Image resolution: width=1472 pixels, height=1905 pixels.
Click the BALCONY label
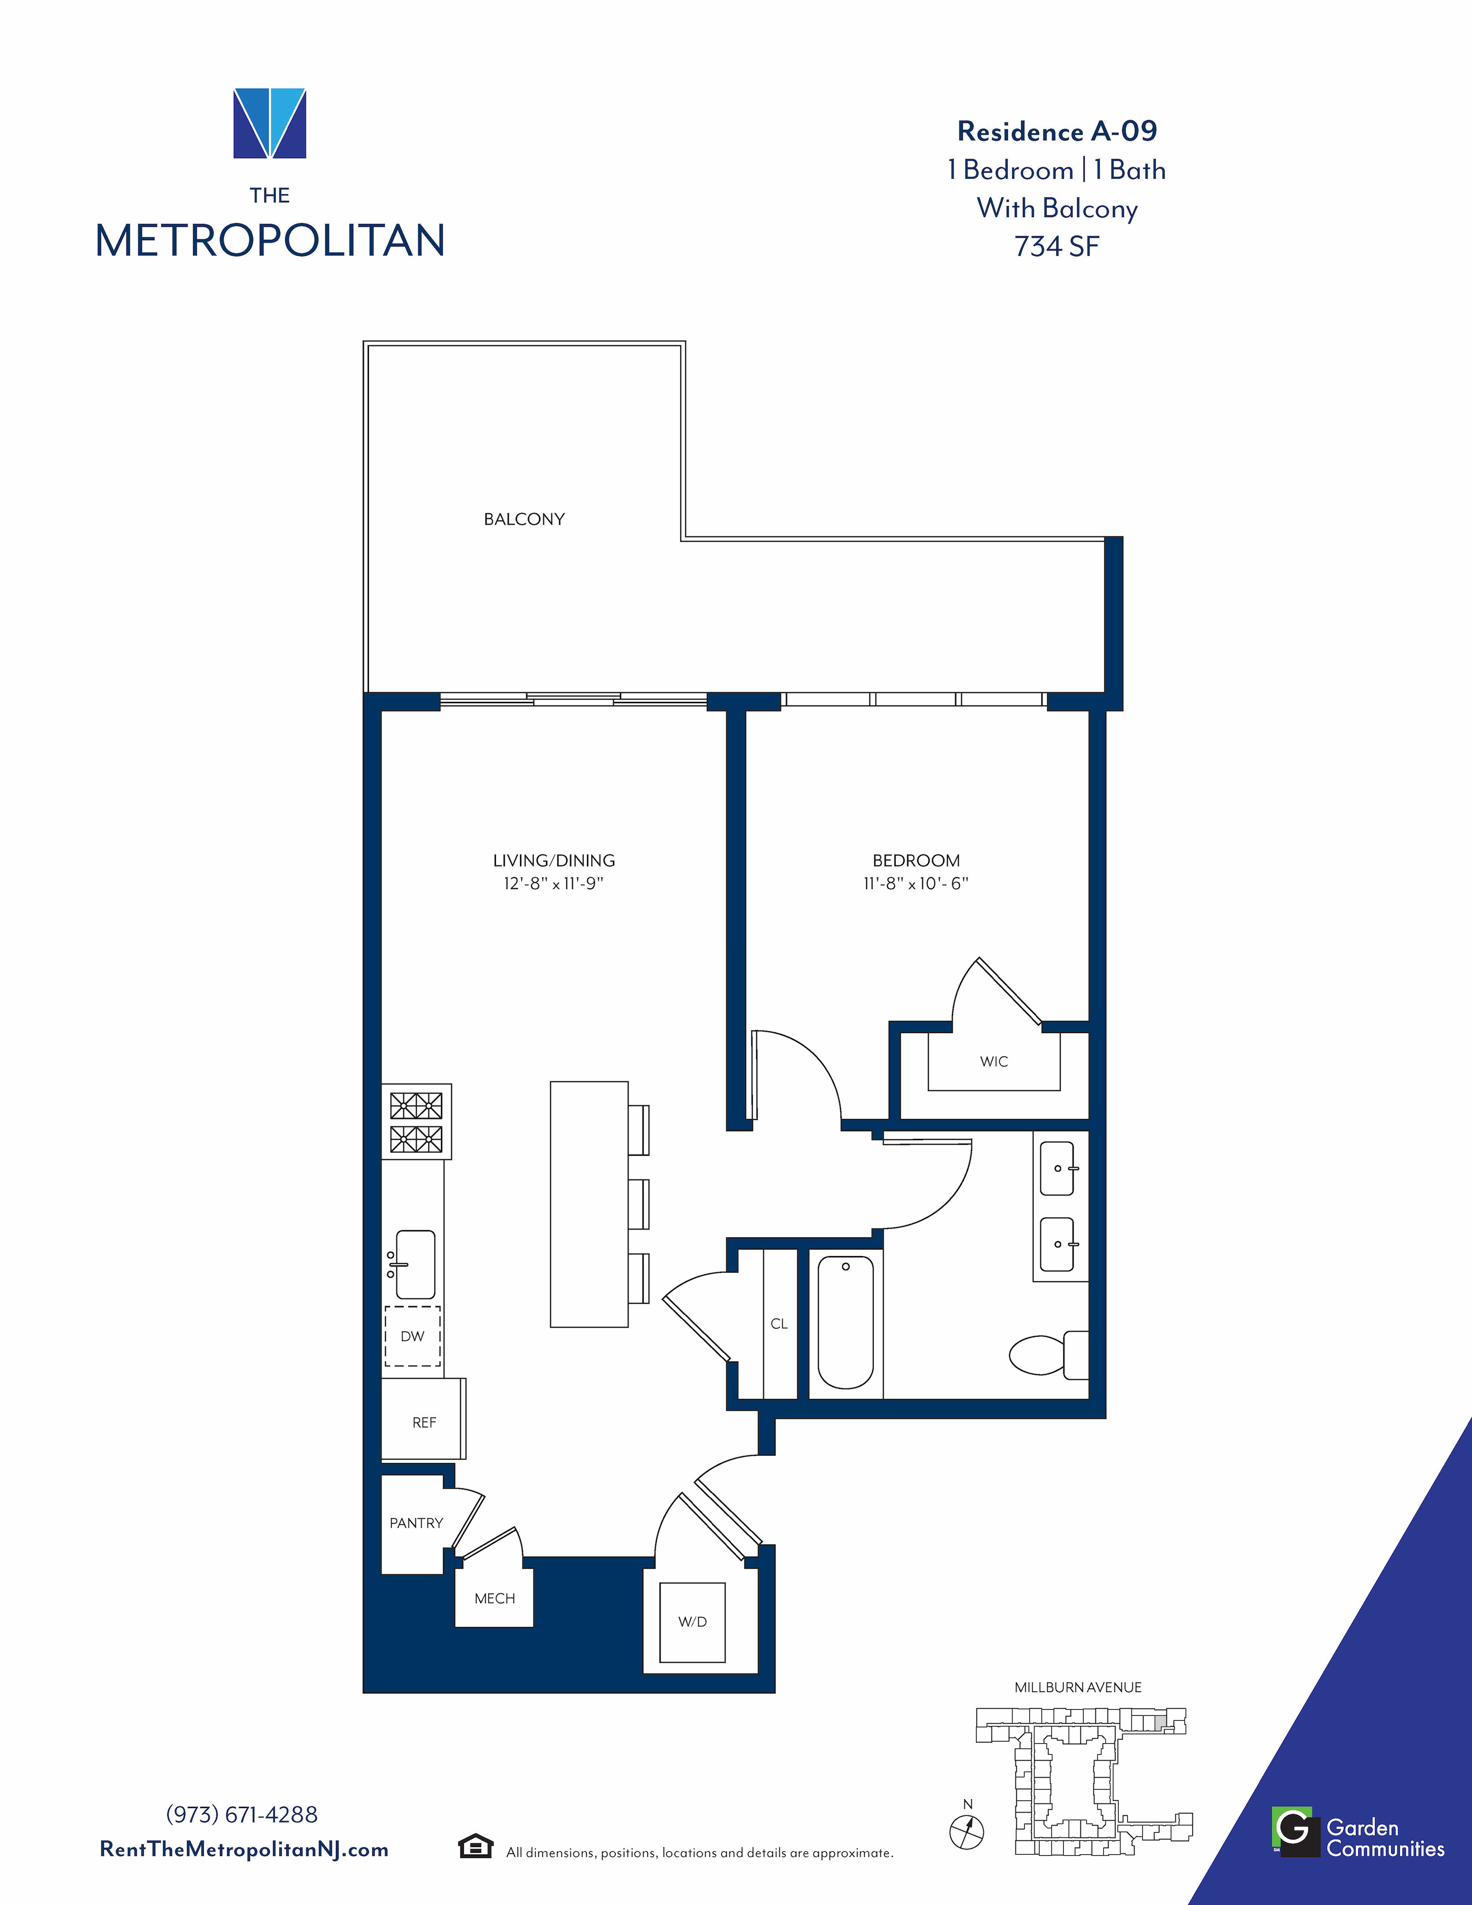pyautogui.click(x=524, y=519)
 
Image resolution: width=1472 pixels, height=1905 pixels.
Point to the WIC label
pyautogui.click(x=994, y=1062)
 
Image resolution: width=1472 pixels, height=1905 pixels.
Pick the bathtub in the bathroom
pyautogui.click(x=846, y=1323)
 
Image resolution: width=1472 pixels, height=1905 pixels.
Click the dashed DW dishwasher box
pyautogui.click(x=413, y=1336)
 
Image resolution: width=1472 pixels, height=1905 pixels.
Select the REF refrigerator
pyautogui.click(x=424, y=1419)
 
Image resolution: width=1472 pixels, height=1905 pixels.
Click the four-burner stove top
pyautogui.click(x=417, y=1122)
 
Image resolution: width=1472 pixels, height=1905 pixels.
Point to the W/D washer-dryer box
pyautogui.click(x=692, y=1622)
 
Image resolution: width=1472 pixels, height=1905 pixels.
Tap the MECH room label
pyautogui.click(x=495, y=1599)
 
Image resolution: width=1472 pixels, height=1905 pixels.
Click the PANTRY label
pyautogui.click(x=416, y=1523)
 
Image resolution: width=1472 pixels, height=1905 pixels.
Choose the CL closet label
pyautogui.click(x=779, y=1324)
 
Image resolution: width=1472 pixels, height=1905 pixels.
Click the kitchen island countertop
pyautogui.click(x=589, y=1205)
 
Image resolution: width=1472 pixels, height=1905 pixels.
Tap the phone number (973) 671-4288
pyautogui.click(x=241, y=1815)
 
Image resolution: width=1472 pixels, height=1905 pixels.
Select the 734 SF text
pyautogui.click(x=1057, y=247)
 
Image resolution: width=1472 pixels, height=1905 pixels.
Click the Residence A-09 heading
pyautogui.click(x=1057, y=132)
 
